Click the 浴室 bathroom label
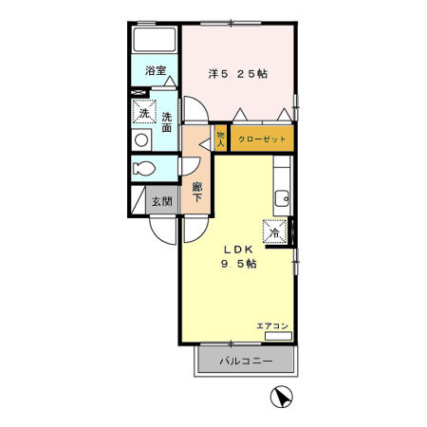[156, 70]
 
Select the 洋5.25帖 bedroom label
[238, 74]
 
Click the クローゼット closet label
[262, 139]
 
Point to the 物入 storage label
[221, 139]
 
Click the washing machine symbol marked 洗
[144, 111]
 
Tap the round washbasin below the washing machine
[141, 139]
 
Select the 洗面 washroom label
[167, 122]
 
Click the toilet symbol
[144, 168]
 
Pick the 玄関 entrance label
[162, 201]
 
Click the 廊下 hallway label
[197, 193]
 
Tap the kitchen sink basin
[282, 198]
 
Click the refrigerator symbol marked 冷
[275, 232]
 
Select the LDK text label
[238, 250]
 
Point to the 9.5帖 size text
[238, 264]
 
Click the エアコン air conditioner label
[272, 325]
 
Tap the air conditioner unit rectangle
[278, 336]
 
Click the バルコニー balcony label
[246, 361]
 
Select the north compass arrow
[282, 397]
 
